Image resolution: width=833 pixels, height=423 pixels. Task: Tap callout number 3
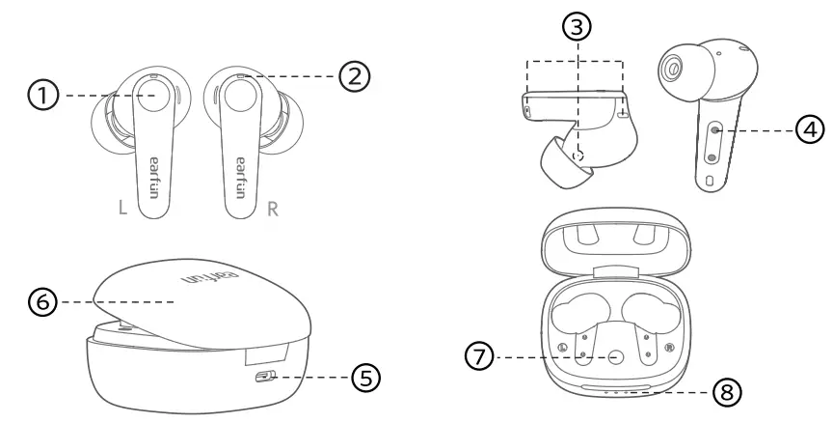click(x=577, y=30)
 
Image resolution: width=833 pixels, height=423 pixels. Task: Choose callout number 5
click(x=363, y=377)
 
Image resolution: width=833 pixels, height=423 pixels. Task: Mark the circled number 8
click(x=728, y=393)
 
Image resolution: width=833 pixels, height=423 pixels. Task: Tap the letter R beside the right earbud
click(x=273, y=209)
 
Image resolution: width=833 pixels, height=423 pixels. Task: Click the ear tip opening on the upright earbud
click(x=671, y=67)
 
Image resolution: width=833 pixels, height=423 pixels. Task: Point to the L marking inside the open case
click(x=564, y=346)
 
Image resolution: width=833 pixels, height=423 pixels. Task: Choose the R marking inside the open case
click(x=668, y=346)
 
